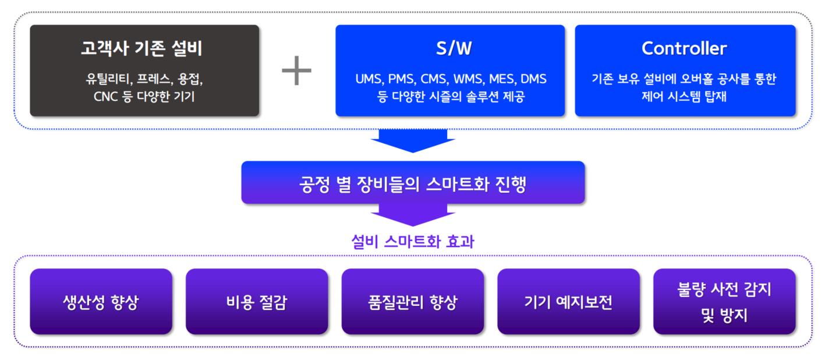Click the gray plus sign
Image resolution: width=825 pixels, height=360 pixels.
coord(296,70)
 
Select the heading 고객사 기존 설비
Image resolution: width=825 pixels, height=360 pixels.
coord(142,48)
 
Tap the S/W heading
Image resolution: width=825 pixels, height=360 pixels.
coord(454,48)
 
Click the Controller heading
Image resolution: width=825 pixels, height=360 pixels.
coord(684,48)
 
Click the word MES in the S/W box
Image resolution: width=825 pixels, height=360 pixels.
coord(502,79)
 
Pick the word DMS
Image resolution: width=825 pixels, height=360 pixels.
coord(534,79)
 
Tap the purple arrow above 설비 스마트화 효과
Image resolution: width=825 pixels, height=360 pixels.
coord(413,215)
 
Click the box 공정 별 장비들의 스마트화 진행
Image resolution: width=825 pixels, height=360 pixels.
coord(413,182)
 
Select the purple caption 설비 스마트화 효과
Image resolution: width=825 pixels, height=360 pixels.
coord(413,242)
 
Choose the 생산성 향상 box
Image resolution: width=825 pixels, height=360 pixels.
coord(101,301)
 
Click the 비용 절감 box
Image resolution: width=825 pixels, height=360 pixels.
coord(257,301)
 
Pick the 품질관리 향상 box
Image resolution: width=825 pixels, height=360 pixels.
coord(412,301)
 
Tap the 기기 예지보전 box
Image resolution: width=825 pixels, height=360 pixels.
coord(568,301)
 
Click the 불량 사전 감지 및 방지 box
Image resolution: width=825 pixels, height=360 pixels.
coord(724,301)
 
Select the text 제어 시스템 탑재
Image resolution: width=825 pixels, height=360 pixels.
coord(684,97)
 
